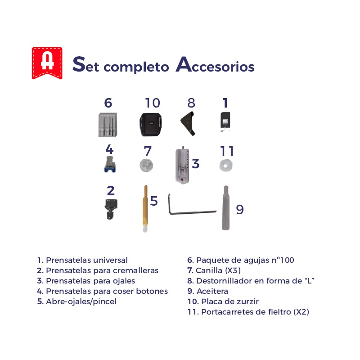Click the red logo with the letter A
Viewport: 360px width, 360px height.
click(x=47, y=63)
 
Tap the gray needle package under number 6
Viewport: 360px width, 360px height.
click(x=108, y=125)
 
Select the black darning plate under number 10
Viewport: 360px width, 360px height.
click(x=150, y=125)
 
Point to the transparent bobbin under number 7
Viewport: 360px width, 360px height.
click(x=146, y=165)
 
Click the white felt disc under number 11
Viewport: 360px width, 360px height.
click(x=226, y=166)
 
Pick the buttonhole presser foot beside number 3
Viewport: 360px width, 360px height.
click(x=183, y=165)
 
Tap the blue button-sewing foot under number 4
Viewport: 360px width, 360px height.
click(x=110, y=164)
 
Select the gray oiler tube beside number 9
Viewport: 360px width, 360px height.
click(x=225, y=208)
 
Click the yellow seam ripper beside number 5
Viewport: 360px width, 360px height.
click(x=145, y=208)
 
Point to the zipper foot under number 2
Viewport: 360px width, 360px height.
click(x=111, y=209)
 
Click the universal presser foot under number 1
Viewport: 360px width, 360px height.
click(x=225, y=121)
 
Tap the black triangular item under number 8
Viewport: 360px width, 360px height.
click(x=188, y=123)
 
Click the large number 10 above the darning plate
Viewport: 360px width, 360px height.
click(x=153, y=103)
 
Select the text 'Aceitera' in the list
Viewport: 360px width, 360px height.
click(x=212, y=291)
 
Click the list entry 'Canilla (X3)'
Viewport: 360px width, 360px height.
click(x=214, y=270)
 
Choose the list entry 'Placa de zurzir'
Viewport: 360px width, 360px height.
click(x=223, y=301)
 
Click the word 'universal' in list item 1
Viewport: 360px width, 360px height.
click(x=110, y=260)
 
